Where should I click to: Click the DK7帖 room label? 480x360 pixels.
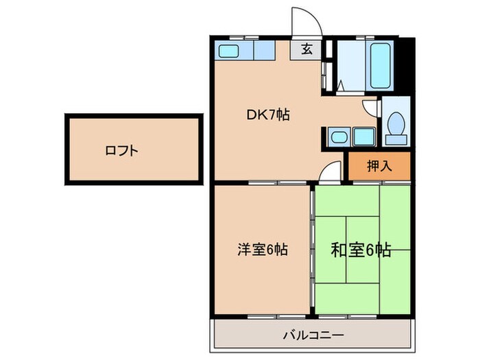click(x=268, y=115)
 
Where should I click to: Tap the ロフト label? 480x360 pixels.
click(x=121, y=150)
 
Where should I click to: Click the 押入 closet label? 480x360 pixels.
click(x=379, y=165)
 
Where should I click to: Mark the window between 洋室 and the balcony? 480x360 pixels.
click(x=263, y=315)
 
